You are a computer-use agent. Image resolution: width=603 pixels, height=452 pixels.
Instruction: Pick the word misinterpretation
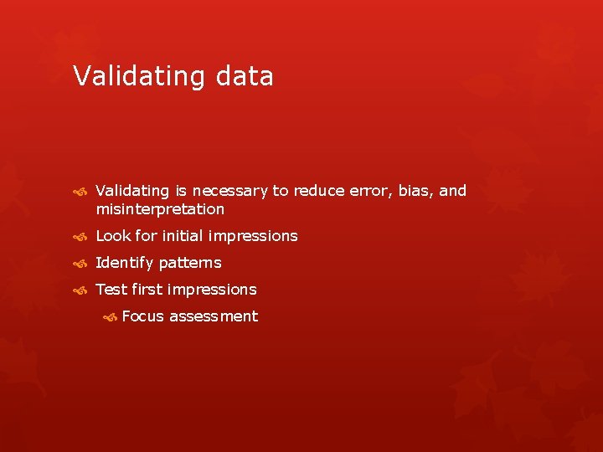[160, 209]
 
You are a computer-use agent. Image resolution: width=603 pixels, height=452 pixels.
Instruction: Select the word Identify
[125, 263]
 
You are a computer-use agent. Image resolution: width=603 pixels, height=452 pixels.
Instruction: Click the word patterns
[190, 263]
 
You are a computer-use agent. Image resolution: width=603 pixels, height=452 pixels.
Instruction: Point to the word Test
[111, 290]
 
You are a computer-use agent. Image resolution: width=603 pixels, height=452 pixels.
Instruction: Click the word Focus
[142, 316]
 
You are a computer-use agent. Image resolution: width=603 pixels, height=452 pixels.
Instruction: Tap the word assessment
[214, 316]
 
